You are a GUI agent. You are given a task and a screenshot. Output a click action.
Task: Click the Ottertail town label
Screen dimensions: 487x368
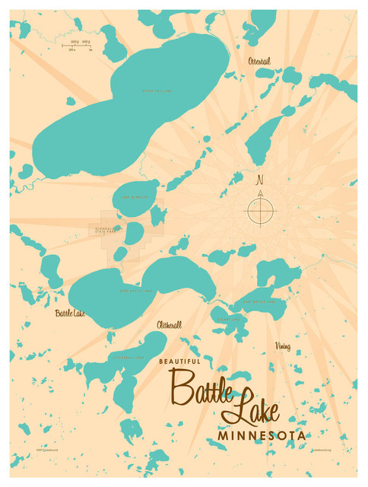[259, 61]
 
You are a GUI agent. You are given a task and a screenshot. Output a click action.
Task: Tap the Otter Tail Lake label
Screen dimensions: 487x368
[157, 91]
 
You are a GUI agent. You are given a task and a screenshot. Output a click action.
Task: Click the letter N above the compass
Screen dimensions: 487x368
[260, 180]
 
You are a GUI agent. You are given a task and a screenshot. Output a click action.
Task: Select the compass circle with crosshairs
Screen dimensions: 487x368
[259, 211]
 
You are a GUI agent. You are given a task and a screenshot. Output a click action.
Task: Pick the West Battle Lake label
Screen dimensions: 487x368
[137, 291]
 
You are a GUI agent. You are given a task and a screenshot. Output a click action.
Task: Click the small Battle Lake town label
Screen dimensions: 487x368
[68, 313]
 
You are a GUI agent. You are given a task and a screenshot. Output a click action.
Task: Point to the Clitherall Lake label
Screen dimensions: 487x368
[123, 356]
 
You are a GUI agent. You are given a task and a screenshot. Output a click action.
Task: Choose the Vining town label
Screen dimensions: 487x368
[282, 346]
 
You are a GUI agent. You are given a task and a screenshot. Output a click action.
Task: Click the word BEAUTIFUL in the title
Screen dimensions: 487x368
[180, 361]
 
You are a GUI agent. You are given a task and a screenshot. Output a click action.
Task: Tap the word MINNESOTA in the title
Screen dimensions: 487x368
[262, 436]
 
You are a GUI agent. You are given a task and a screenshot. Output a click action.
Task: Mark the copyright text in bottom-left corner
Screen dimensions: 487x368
[43, 450]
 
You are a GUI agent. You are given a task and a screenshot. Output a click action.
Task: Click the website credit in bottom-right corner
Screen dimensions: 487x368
[321, 450]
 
